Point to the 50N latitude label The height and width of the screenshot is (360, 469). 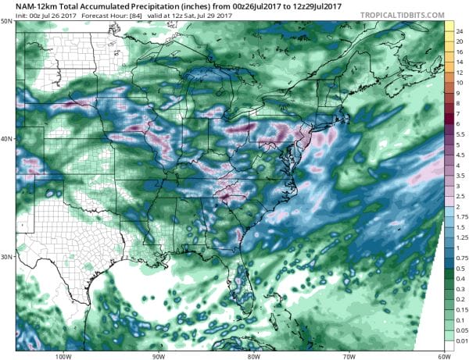point(8,21)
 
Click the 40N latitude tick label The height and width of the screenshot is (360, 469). point(8,139)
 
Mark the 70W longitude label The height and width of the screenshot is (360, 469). point(346,356)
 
